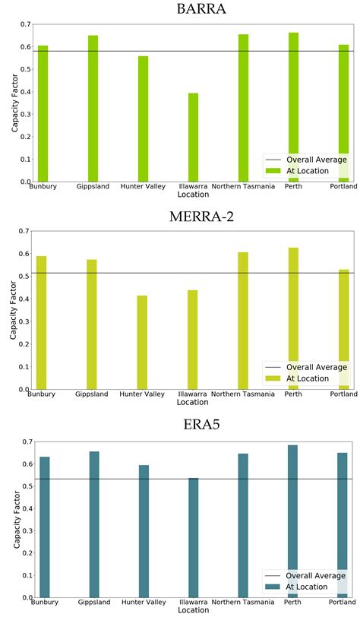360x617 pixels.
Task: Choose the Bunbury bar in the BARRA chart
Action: click(43, 114)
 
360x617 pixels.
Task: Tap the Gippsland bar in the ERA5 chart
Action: click(94, 524)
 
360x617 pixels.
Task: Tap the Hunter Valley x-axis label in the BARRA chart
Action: click(143, 187)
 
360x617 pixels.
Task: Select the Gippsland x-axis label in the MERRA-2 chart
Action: click(92, 394)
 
